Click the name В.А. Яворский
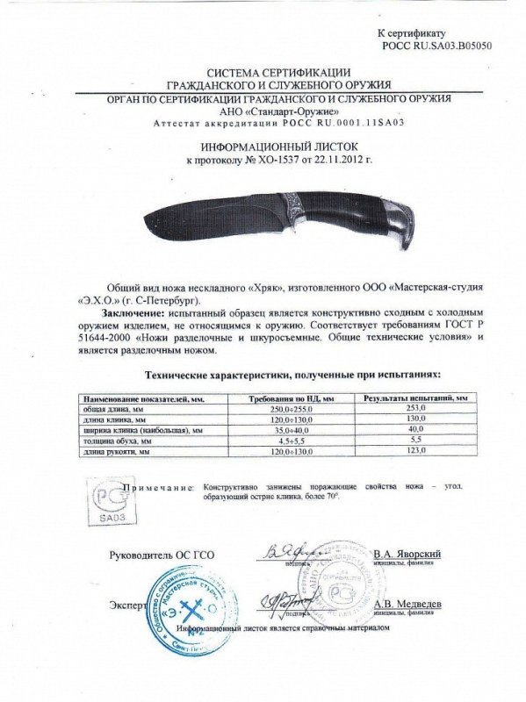pyautogui.click(x=407, y=555)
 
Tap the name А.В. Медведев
pyautogui.click(x=407, y=605)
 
